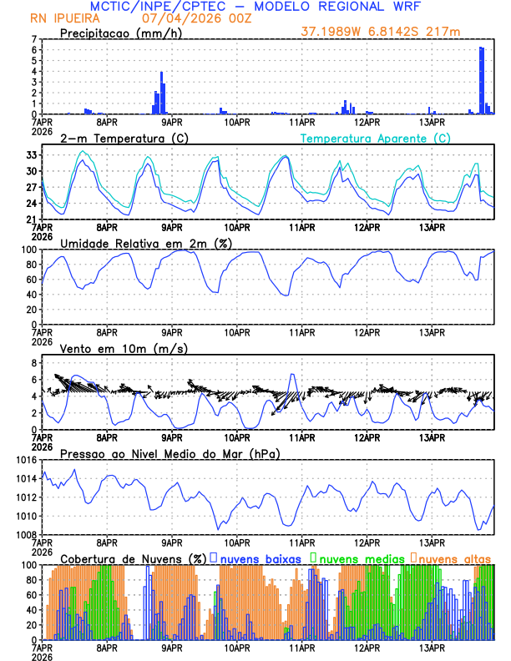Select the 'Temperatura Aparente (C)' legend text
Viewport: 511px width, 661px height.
tap(376, 138)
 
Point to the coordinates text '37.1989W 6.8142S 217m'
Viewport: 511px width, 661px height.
tap(381, 33)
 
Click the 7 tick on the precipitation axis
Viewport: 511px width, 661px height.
tap(34, 39)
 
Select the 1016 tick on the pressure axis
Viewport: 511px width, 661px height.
tap(24, 460)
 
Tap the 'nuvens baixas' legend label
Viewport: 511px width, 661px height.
tap(260, 558)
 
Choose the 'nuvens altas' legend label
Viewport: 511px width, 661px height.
tap(454, 558)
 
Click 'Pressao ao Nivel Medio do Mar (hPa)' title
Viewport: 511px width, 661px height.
tap(169, 453)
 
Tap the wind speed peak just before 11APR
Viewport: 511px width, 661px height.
tap(291, 375)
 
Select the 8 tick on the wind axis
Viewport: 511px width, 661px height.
tap(34, 363)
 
